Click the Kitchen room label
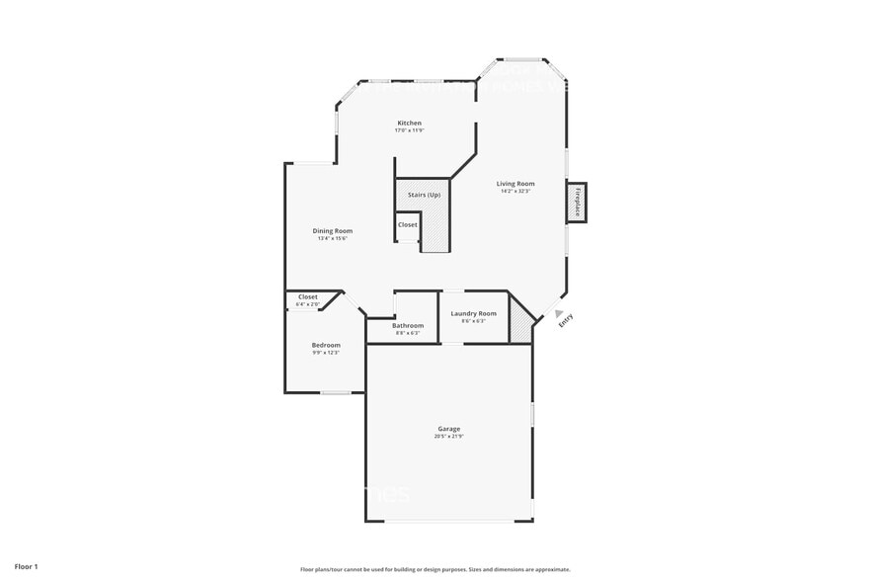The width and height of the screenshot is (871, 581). click(409, 124)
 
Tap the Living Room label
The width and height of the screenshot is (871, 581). click(515, 184)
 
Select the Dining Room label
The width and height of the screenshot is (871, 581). click(332, 231)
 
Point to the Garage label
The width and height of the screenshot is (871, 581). click(448, 429)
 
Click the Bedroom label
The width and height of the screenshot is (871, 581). click(326, 345)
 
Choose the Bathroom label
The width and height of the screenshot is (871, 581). click(407, 325)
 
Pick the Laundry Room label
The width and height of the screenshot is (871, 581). click(474, 313)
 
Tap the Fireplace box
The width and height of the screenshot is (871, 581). click(577, 203)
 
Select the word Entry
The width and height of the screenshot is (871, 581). click(565, 320)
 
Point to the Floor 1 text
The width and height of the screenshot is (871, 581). click(27, 567)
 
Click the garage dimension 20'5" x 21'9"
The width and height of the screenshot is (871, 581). click(448, 436)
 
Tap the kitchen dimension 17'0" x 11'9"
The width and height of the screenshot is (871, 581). click(409, 130)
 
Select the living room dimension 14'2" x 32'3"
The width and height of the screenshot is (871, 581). click(515, 191)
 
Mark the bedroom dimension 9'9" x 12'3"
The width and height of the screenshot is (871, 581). click(326, 352)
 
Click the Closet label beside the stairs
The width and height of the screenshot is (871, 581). click(408, 224)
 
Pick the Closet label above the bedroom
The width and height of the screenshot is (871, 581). click(308, 296)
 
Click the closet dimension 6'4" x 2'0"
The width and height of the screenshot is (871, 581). click(308, 303)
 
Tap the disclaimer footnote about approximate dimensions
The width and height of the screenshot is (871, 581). click(435, 569)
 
